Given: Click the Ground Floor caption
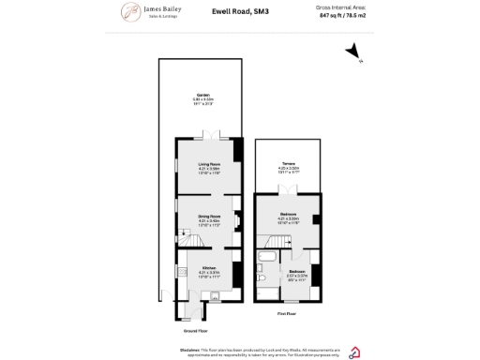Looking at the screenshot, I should click(195, 331).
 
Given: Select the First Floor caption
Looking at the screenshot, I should click(288, 313).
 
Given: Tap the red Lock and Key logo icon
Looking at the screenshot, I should click(354, 352).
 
